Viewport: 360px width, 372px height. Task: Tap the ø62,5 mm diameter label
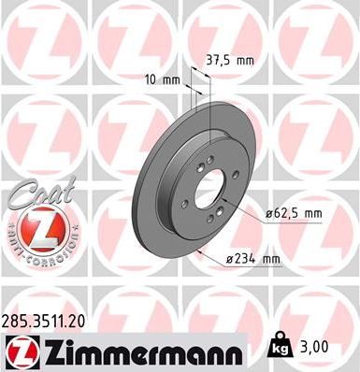coord(294,213)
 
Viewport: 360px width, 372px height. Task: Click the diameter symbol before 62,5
coord(267,213)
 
